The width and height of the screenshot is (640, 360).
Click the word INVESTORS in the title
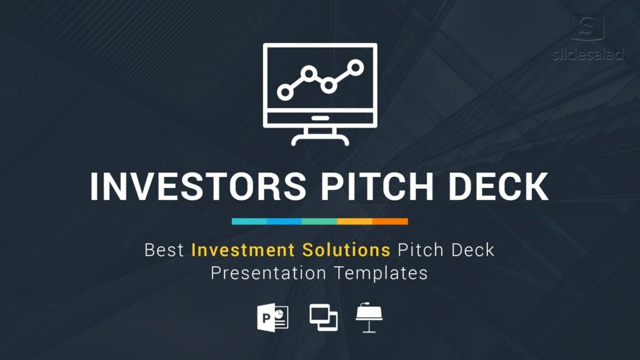pos(198,186)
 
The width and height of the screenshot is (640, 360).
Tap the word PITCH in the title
pos(377,186)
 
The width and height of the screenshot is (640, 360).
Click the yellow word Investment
pos(243,250)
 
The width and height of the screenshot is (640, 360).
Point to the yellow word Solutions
pos(346,250)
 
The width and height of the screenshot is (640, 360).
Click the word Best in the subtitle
pos(164,250)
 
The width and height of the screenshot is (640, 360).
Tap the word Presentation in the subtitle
pos(268,272)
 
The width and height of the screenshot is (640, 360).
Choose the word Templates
pos(381,272)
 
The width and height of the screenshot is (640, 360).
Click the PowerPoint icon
pos(272,317)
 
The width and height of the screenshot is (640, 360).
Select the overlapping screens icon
pos(323,317)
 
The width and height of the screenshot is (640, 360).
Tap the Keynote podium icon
pos(369,317)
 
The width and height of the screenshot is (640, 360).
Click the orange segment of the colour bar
pos(390,221)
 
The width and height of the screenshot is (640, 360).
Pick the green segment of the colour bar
pos(319,221)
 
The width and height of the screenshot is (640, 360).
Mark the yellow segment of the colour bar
pos(355,221)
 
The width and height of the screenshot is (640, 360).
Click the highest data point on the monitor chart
pos(356,67)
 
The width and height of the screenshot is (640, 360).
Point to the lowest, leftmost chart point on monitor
pos(285,92)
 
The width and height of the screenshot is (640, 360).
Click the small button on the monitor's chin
pos(320,118)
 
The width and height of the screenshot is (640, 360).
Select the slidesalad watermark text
pos(587,54)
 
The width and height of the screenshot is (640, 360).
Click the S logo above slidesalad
pos(587,27)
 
